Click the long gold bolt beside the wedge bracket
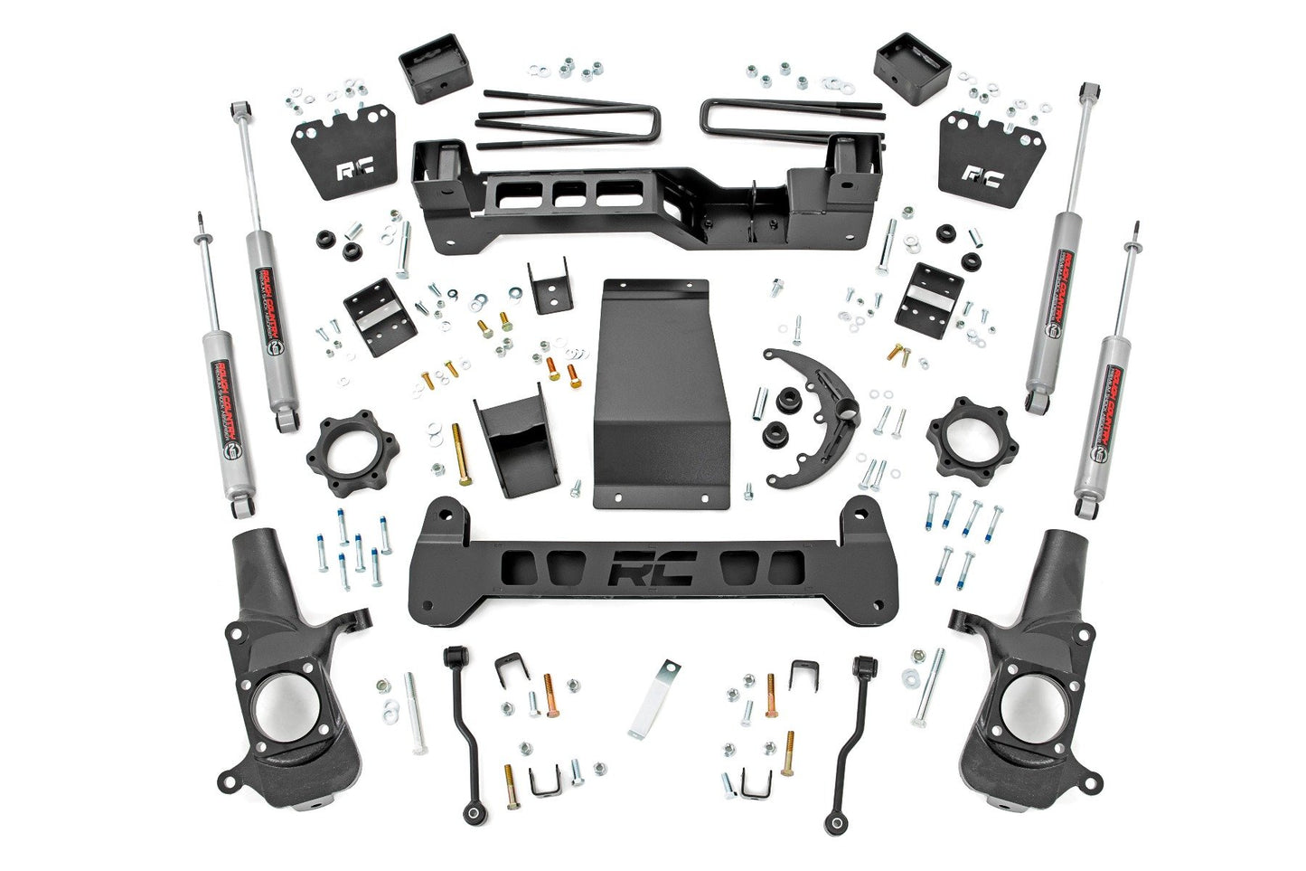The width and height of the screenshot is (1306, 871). [458, 454]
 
